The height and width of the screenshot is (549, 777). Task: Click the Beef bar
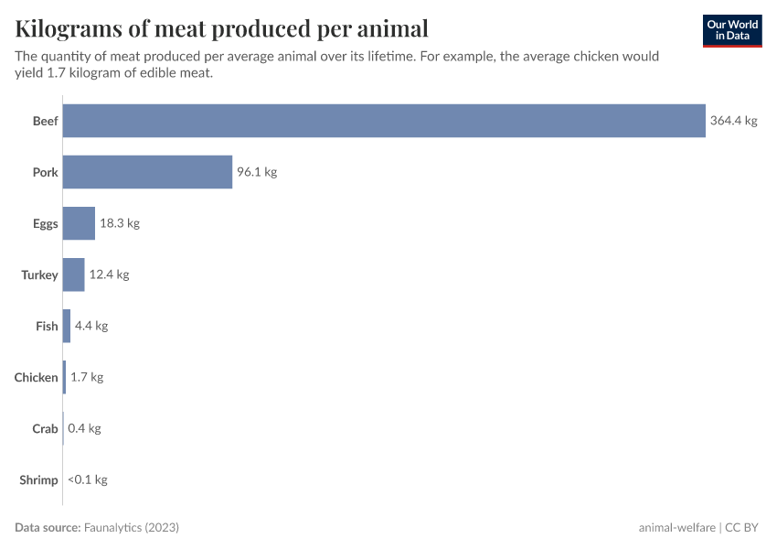click(384, 121)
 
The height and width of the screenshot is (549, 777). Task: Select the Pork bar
click(147, 172)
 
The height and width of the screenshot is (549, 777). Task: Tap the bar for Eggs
click(79, 223)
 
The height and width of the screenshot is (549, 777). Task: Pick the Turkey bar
click(73, 274)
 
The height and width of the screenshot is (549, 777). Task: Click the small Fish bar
click(67, 326)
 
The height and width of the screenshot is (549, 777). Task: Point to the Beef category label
click(45, 121)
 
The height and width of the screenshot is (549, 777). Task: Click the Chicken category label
click(37, 377)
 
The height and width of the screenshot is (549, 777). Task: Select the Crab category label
click(45, 428)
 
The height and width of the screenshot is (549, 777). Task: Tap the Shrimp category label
click(38, 479)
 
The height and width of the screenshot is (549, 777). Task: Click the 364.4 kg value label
click(734, 121)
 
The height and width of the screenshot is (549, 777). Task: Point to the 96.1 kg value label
click(257, 172)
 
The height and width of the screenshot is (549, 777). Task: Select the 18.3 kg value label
click(120, 223)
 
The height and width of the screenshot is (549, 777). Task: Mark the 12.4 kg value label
click(110, 274)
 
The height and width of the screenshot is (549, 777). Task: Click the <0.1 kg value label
click(88, 479)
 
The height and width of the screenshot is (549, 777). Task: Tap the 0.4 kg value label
click(84, 428)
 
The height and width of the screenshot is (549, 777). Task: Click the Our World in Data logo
click(732, 30)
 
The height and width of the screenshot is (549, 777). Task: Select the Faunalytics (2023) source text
click(132, 528)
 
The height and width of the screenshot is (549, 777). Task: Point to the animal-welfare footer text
click(677, 528)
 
